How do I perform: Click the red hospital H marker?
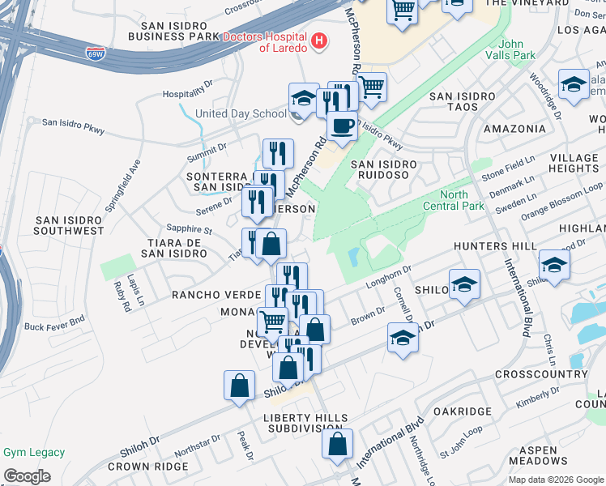pyautogui.click(x=319, y=40)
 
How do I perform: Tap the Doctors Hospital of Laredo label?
pyautogui.click(x=264, y=42)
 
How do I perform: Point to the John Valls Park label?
pyautogui.click(x=518, y=50)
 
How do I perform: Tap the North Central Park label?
pyautogui.click(x=454, y=200)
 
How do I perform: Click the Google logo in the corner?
pyautogui.click(x=27, y=476)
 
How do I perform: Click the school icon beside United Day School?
pyautogui.click(x=303, y=99)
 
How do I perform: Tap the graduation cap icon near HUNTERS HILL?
pyautogui.click(x=554, y=265)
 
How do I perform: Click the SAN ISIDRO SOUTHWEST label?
pyautogui.click(x=69, y=225)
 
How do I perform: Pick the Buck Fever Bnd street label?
pyautogui.click(x=54, y=326)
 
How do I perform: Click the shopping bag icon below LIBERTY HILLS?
pyautogui.click(x=337, y=444)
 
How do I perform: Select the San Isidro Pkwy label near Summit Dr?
pyautogui.click(x=74, y=123)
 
